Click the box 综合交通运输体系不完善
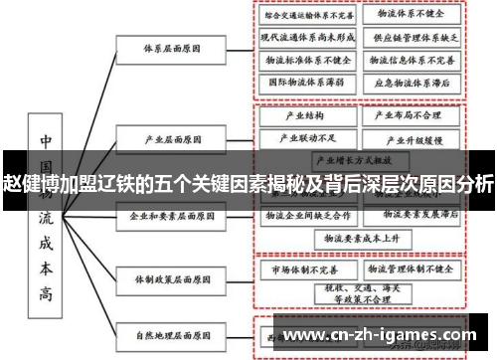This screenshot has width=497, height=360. [x=307, y=16]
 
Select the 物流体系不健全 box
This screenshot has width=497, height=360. [x=411, y=16]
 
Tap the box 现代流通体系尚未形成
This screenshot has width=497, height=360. [x=307, y=38]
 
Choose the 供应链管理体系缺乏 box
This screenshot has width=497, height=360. [x=411, y=38]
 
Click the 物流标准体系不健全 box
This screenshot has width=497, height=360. [x=307, y=60]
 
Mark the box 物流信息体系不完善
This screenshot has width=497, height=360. [x=411, y=60]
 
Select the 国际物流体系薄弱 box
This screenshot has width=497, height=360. [x=307, y=83]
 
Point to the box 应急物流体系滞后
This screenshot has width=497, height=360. [x=411, y=83]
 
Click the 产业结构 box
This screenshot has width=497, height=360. [x=307, y=115]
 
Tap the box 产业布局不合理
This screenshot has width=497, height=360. [x=411, y=115]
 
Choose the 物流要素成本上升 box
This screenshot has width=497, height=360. [x=359, y=239]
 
